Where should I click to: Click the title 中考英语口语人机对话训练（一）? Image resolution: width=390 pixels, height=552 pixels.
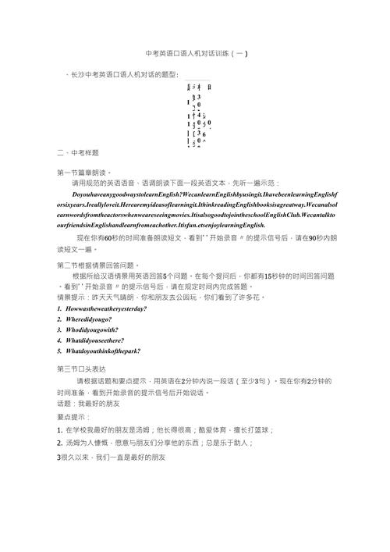197,54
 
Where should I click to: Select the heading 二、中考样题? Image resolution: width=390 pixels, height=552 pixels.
78,152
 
